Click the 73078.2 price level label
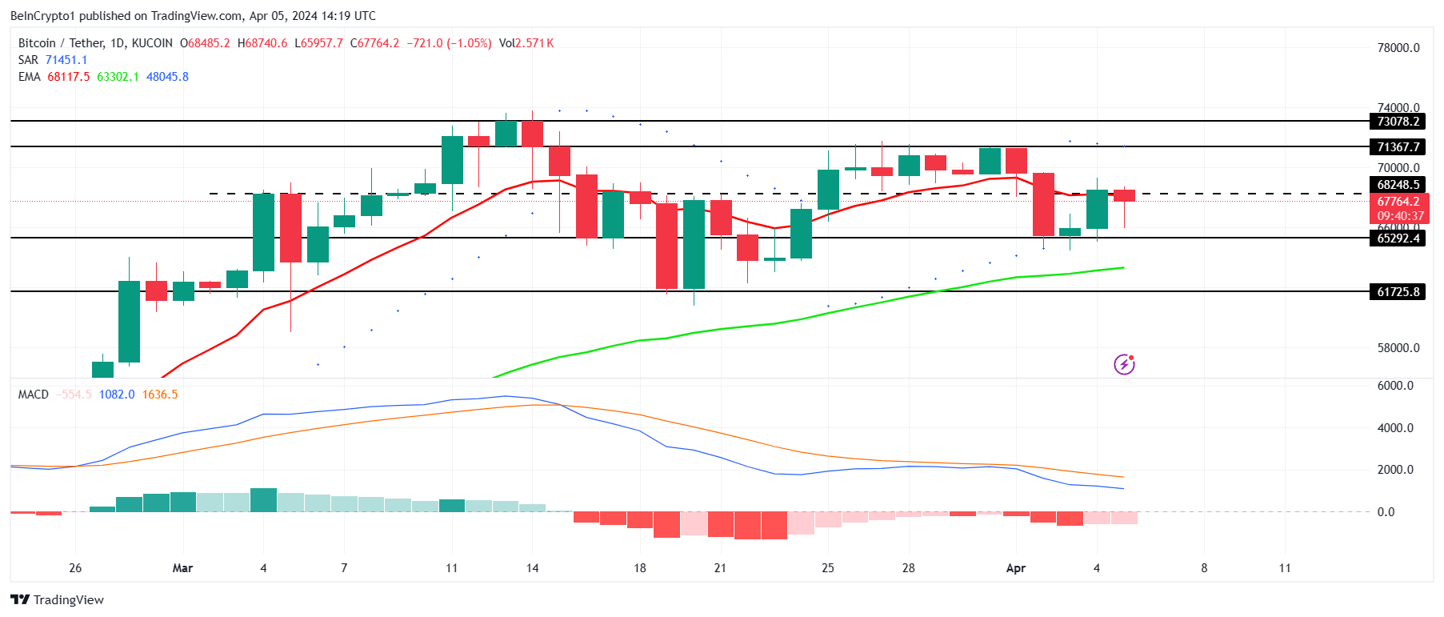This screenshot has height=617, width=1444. click(1398, 122)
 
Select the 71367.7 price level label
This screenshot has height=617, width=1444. click(1398, 147)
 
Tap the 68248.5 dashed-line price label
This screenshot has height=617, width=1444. click(1398, 185)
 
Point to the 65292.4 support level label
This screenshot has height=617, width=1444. click(1398, 238)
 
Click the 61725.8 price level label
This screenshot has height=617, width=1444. click(1398, 292)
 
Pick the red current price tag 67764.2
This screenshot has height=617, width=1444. click(1398, 202)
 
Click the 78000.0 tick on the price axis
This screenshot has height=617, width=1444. click(1398, 48)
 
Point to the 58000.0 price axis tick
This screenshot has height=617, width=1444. click(1398, 348)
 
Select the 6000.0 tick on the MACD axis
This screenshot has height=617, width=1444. click(1394, 386)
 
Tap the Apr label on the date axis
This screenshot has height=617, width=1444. click(1015, 568)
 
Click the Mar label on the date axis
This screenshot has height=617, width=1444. click(182, 568)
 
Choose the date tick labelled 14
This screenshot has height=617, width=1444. click(532, 568)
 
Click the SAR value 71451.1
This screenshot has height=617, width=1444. click(66, 60)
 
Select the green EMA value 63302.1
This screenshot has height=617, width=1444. click(118, 77)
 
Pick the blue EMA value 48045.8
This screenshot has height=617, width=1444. click(167, 77)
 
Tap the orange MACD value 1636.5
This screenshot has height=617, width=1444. click(160, 395)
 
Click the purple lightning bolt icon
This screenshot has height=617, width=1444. click(1124, 365)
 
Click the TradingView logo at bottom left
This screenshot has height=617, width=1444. click(58, 600)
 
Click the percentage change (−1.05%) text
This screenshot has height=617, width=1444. click(469, 43)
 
